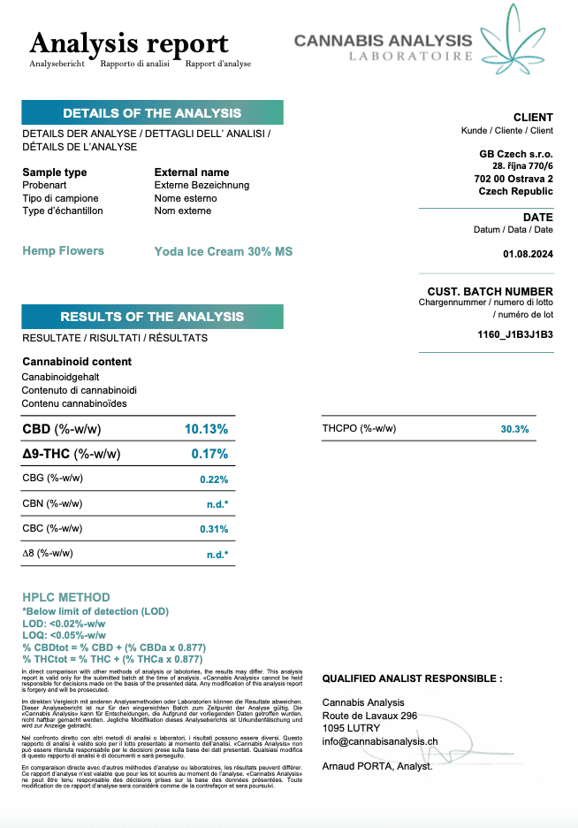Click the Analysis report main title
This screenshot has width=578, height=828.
click(x=129, y=43)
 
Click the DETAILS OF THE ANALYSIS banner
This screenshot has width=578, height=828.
click(x=152, y=113)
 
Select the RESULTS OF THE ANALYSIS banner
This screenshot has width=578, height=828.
click(x=152, y=317)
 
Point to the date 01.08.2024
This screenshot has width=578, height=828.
click(x=527, y=255)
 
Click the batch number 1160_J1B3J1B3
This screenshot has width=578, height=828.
click(x=514, y=334)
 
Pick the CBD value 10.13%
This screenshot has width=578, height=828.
click(x=206, y=429)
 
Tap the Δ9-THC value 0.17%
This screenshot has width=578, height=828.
click(x=209, y=454)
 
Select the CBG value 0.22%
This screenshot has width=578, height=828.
click(x=214, y=479)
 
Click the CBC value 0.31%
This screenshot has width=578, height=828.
click(x=214, y=529)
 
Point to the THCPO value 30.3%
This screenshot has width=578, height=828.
click(x=514, y=429)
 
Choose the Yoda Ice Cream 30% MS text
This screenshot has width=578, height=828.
click(x=223, y=251)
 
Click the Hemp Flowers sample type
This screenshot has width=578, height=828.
click(x=63, y=251)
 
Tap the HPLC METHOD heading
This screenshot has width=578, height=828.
click(x=66, y=597)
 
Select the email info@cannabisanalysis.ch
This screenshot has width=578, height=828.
click(x=380, y=741)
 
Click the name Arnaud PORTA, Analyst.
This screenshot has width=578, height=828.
click(x=377, y=766)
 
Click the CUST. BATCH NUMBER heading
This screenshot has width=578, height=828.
click(x=490, y=292)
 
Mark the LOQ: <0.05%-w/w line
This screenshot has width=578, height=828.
click(x=64, y=635)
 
